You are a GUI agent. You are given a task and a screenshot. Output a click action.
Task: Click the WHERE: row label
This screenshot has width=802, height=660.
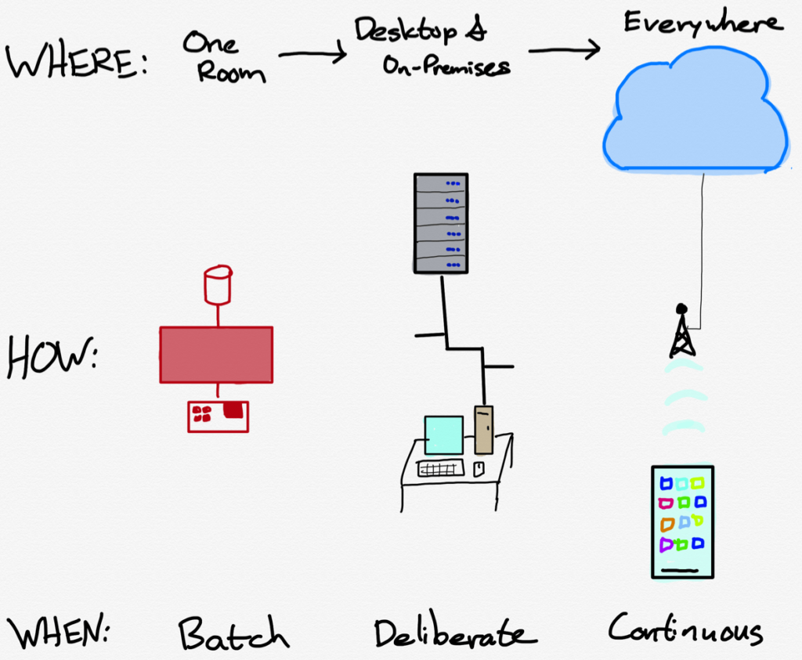(76, 60)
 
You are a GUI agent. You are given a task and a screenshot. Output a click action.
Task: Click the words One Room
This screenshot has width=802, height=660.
(224, 57)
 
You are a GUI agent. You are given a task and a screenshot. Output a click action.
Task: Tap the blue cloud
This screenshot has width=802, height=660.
(695, 110)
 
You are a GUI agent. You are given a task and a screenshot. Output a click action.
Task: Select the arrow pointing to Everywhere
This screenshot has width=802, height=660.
(563, 50)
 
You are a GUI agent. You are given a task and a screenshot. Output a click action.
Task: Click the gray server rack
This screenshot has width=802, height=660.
(441, 223)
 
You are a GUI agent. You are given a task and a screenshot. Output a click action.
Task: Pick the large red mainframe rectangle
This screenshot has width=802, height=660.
(216, 355)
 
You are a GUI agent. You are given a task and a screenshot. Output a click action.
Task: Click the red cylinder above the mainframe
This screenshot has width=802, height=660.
(218, 285)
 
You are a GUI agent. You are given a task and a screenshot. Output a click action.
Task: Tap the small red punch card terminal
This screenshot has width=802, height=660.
(218, 416)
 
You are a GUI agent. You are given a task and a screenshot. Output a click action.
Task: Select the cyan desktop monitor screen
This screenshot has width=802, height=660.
(443, 435)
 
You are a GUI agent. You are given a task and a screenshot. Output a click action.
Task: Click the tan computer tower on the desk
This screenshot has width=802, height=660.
(484, 429)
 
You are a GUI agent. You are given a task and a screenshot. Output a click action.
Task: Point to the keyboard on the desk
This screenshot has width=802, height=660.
(440, 468)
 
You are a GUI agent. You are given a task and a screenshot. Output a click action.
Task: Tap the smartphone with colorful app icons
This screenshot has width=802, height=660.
(682, 521)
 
